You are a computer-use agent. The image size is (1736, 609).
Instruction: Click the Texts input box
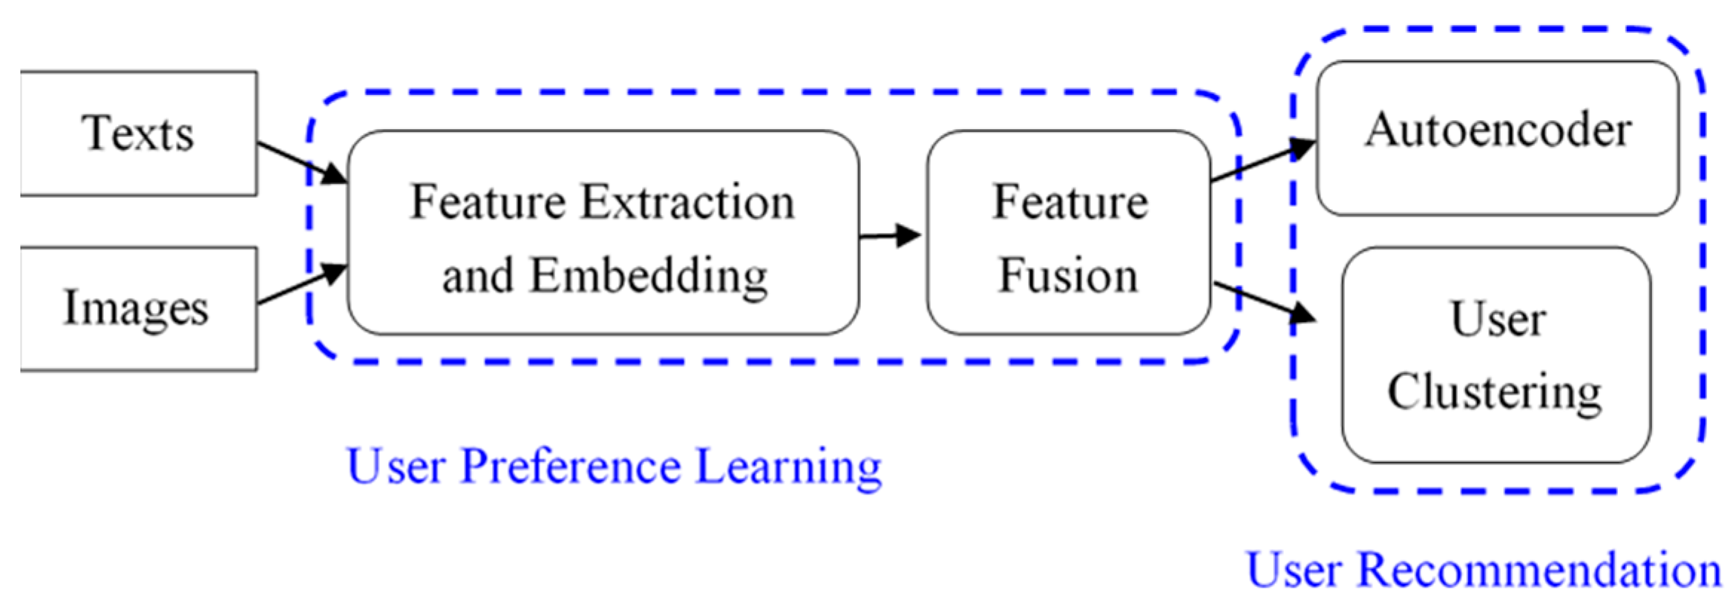139,134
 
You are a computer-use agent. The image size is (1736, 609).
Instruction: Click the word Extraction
687,202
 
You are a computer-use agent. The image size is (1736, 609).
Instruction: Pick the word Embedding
648,276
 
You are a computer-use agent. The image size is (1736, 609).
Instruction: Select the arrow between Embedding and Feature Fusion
891,236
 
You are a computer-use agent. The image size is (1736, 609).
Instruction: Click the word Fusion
1068,276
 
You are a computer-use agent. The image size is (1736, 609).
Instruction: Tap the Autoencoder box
1497,137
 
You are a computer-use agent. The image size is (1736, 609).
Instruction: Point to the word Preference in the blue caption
570,467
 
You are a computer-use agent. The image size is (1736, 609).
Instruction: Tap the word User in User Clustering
1498,320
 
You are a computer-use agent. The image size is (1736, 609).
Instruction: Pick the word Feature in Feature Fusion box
1070,202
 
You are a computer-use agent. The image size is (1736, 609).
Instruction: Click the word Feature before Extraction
487,202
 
